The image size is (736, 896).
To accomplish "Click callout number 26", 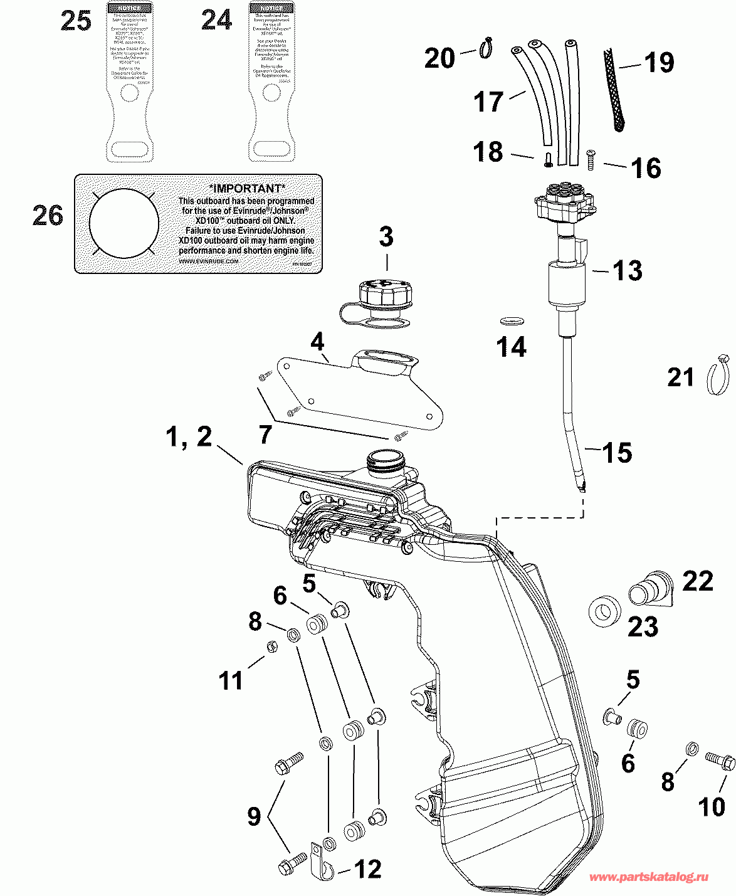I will tap(48, 216).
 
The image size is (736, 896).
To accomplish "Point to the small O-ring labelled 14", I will tap(512, 321).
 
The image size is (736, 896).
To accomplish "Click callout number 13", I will tap(627, 271).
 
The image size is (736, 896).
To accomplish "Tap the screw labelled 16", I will tap(591, 161).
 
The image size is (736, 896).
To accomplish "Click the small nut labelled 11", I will tap(272, 646).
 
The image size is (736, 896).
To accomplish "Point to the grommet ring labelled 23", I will tap(605, 609).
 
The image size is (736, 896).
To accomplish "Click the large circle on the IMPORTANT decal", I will tap(124, 222).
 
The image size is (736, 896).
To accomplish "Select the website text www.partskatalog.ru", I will tap(649, 877).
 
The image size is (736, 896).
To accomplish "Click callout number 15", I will tap(617, 453).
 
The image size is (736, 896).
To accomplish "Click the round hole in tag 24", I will tap(271, 93).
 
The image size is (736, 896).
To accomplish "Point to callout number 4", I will tap(318, 342).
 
